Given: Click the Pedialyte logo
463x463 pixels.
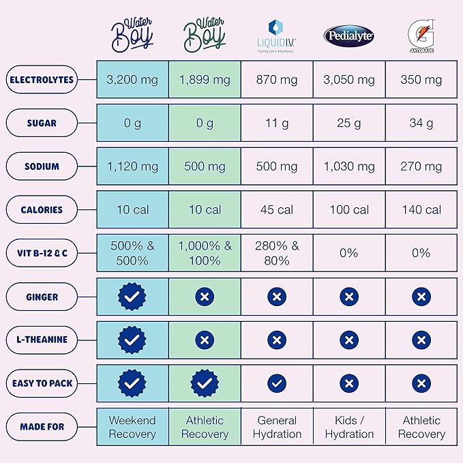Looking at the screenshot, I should point(348,35).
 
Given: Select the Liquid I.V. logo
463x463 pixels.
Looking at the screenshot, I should point(277,35).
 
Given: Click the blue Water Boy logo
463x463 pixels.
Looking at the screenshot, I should point(132,35).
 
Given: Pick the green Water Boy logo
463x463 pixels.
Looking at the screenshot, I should point(205,35).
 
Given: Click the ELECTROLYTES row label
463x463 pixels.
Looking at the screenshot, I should point(42,80).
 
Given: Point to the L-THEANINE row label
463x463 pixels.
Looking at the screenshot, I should point(42,340).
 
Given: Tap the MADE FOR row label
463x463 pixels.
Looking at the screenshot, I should point(42,427).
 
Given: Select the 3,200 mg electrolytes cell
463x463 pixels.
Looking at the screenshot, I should point(132,80).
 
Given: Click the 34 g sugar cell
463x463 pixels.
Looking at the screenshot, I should point(421,123).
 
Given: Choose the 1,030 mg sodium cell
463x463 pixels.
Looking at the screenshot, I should point(348,166).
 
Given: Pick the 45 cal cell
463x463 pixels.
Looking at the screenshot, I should point(277,210).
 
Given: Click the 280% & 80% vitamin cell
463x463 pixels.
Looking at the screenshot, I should point(277,253).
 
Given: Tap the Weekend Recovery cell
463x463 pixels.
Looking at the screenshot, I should point(132,427).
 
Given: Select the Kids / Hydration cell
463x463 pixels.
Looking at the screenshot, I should point(348,427).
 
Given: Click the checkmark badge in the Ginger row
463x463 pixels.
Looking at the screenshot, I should point(132,297).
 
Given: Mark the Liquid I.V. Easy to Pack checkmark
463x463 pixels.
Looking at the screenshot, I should point(277,383).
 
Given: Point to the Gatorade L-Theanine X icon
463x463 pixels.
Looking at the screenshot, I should point(421,340).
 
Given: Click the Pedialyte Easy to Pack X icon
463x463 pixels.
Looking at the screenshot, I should point(348,383).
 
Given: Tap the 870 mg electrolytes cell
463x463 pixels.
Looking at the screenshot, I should point(277,80).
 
